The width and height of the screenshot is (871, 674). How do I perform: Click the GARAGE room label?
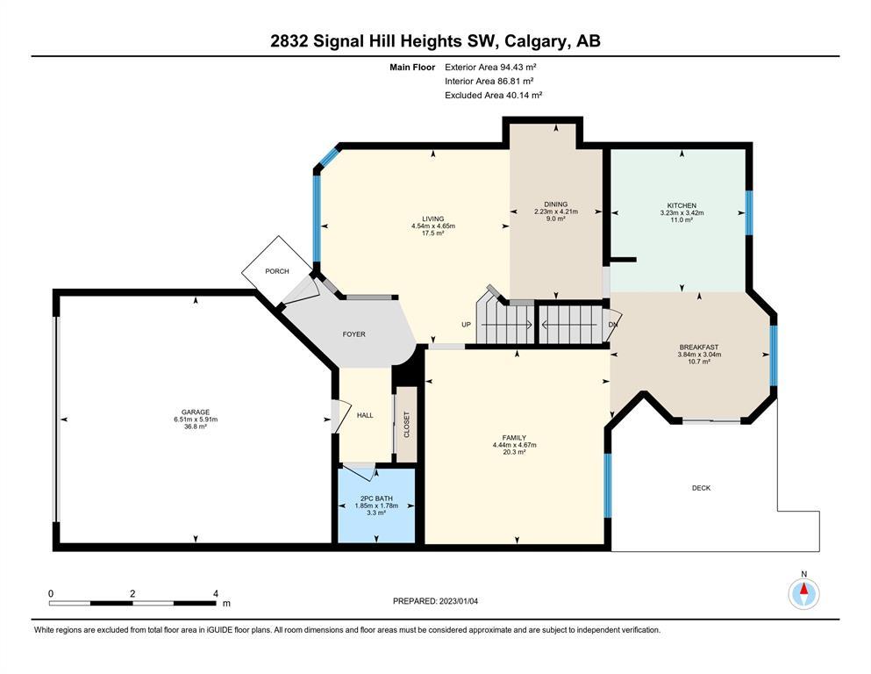[196, 412]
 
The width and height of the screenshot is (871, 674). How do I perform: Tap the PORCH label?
[276, 271]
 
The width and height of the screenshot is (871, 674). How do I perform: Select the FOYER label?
[353, 334]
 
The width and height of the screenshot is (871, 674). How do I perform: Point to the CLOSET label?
[407, 425]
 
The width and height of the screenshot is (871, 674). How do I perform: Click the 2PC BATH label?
[376, 498]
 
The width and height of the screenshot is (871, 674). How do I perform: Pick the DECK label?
[701, 488]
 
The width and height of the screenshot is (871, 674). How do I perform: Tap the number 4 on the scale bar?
[216, 593]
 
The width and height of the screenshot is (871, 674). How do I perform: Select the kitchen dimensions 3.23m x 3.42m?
[682, 212]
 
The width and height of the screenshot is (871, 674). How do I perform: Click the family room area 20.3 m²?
[514, 452]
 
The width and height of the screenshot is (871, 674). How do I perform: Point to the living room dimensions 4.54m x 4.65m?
[433, 226]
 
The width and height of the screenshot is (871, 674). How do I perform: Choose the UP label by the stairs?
[466, 325]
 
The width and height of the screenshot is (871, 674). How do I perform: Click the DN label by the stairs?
[613, 325]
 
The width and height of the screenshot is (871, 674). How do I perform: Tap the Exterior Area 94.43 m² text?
[490, 68]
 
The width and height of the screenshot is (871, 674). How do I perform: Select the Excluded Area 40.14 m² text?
[493, 95]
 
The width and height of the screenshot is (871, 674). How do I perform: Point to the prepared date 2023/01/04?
[458, 601]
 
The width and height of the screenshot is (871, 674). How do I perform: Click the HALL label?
[365, 415]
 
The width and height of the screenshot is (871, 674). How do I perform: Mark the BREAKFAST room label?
[699, 348]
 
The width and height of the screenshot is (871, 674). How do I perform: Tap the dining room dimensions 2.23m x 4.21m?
[556, 212]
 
